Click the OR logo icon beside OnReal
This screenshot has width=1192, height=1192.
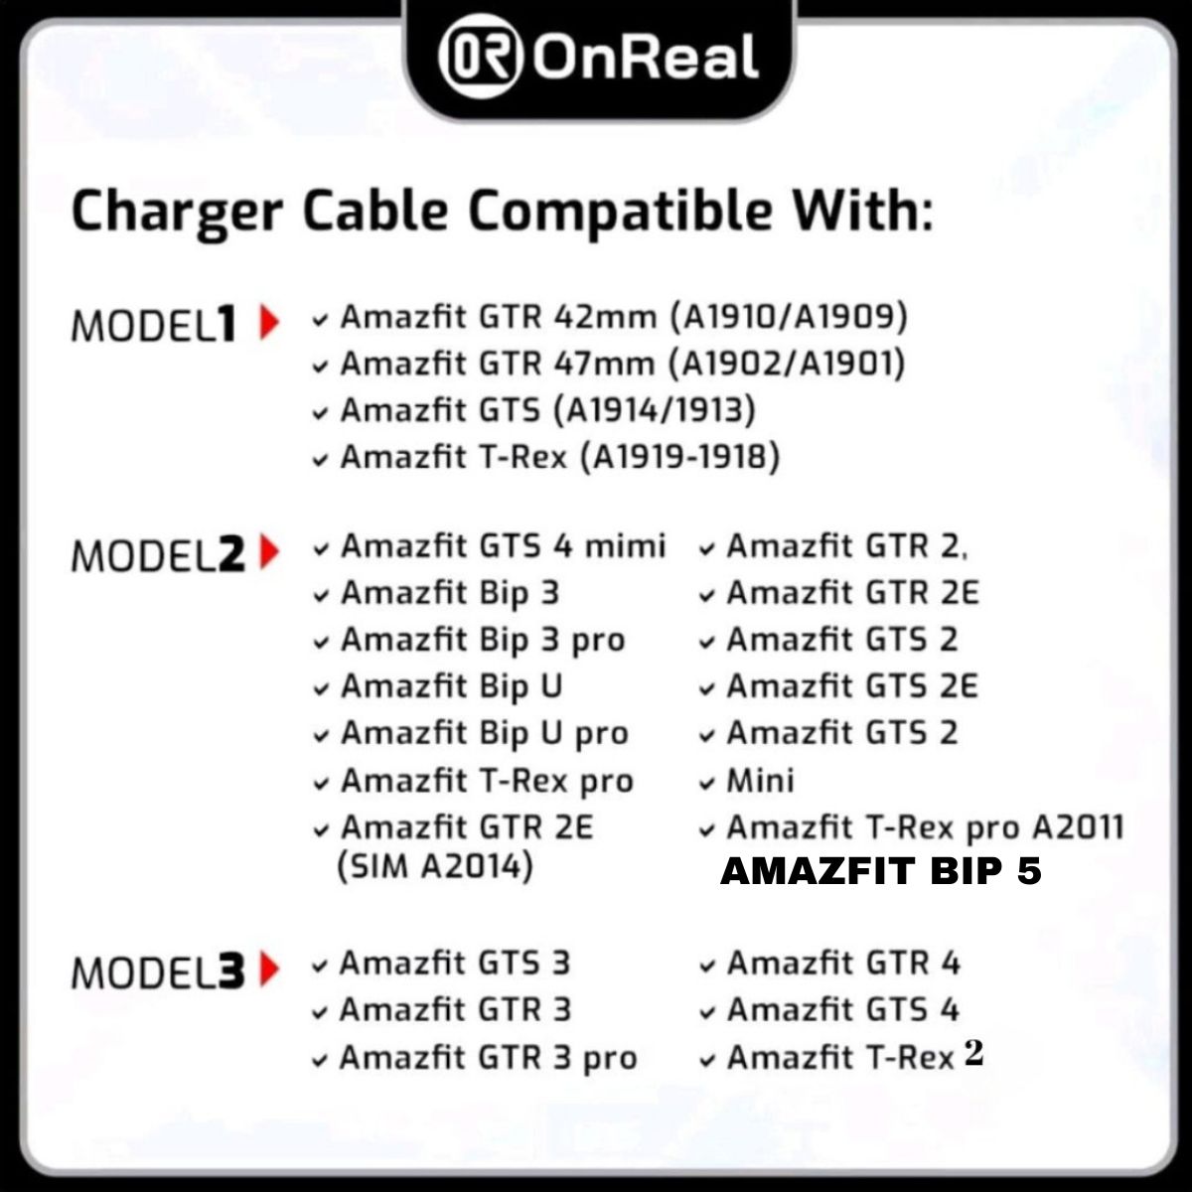[481, 58]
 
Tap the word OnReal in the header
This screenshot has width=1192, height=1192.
[646, 58]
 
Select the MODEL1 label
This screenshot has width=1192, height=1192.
[155, 325]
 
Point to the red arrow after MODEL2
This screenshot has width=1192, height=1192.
[268, 552]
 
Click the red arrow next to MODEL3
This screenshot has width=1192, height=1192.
[268, 969]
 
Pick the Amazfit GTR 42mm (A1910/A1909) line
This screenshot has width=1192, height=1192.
[624, 317]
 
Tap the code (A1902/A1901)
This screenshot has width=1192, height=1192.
[788, 364]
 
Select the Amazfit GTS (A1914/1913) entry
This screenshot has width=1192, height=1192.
[547, 410]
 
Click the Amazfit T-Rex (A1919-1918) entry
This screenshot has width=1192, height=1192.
[560, 457]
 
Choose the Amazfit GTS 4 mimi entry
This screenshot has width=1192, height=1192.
[503, 546]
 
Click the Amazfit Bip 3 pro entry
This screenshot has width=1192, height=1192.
[483, 641]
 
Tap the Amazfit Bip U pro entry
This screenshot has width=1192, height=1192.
[485, 734]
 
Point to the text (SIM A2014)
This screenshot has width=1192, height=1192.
[436, 867]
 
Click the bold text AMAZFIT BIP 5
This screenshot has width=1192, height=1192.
[881, 872]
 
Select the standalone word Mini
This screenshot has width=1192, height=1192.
[760, 781]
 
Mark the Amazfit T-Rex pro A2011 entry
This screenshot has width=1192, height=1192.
[925, 827]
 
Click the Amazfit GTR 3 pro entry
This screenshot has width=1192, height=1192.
[488, 1058]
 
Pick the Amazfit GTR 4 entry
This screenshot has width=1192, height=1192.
[843, 964]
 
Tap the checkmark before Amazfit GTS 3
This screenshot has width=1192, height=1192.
[320, 966]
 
